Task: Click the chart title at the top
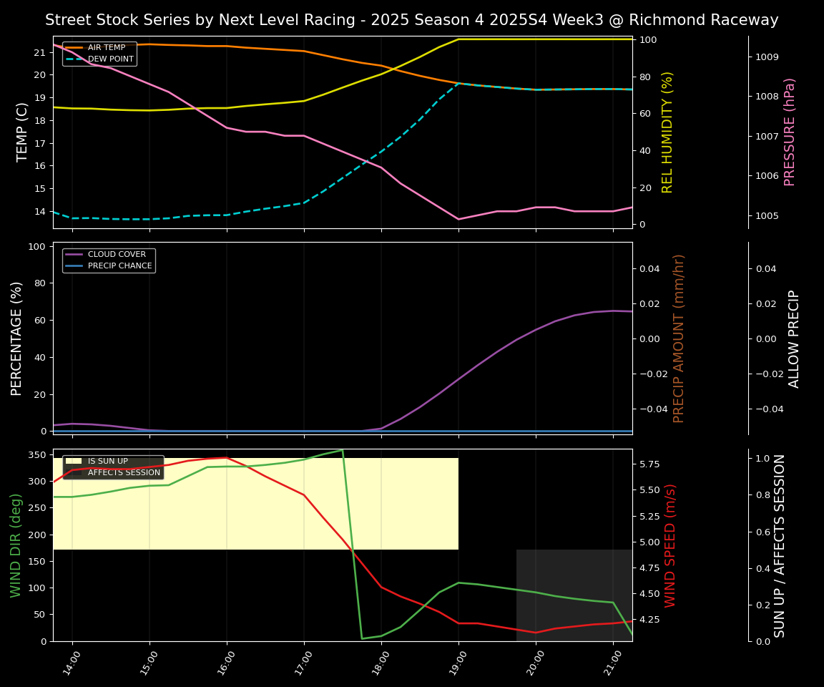coord(411,20)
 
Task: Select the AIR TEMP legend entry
coord(106,48)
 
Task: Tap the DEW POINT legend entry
coord(110,59)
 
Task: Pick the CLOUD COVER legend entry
coord(117,255)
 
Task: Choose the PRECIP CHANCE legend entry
coord(119,266)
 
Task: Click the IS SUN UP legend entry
coord(107,462)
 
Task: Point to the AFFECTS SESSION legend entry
coord(124,473)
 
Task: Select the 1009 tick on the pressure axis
coord(768,57)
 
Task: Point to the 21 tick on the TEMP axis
coord(39,52)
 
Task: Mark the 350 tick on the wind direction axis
coord(36,454)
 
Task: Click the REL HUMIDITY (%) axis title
coord(668,132)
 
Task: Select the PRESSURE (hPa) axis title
coord(790,132)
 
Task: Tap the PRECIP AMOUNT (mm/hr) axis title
coord(679,338)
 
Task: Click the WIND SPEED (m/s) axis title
coord(670,545)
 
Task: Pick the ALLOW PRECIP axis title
coord(794,338)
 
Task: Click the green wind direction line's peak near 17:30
coord(343,450)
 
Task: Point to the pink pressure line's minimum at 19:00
coord(458,219)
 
